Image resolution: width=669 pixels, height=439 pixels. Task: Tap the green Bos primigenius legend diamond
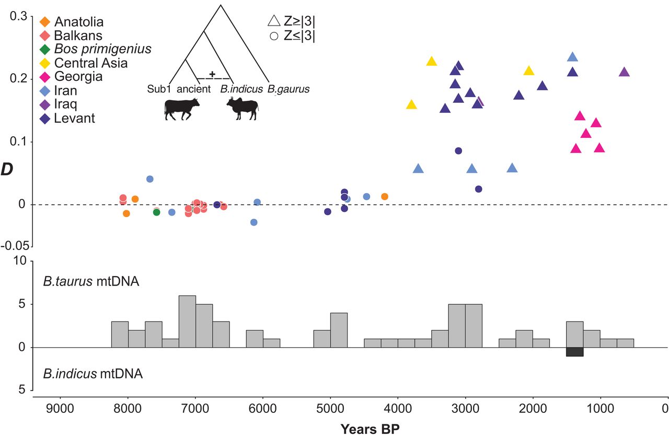[x=45, y=50]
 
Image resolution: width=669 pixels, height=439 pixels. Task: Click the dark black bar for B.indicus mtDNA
[x=574, y=352]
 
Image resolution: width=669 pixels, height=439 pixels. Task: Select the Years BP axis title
[x=371, y=430]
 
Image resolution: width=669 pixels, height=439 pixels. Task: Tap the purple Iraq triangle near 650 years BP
[x=624, y=72]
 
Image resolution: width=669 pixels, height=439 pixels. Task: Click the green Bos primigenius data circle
[x=156, y=212]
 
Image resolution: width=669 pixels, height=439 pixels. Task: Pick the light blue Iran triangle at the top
[x=573, y=57]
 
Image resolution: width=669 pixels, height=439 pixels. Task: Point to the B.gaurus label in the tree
[x=289, y=89]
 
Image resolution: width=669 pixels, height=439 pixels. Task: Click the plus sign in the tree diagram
[x=212, y=74]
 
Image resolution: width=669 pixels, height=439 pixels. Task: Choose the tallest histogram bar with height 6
[x=187, y=321]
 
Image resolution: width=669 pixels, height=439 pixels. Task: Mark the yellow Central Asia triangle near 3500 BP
[x=431, y=62]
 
